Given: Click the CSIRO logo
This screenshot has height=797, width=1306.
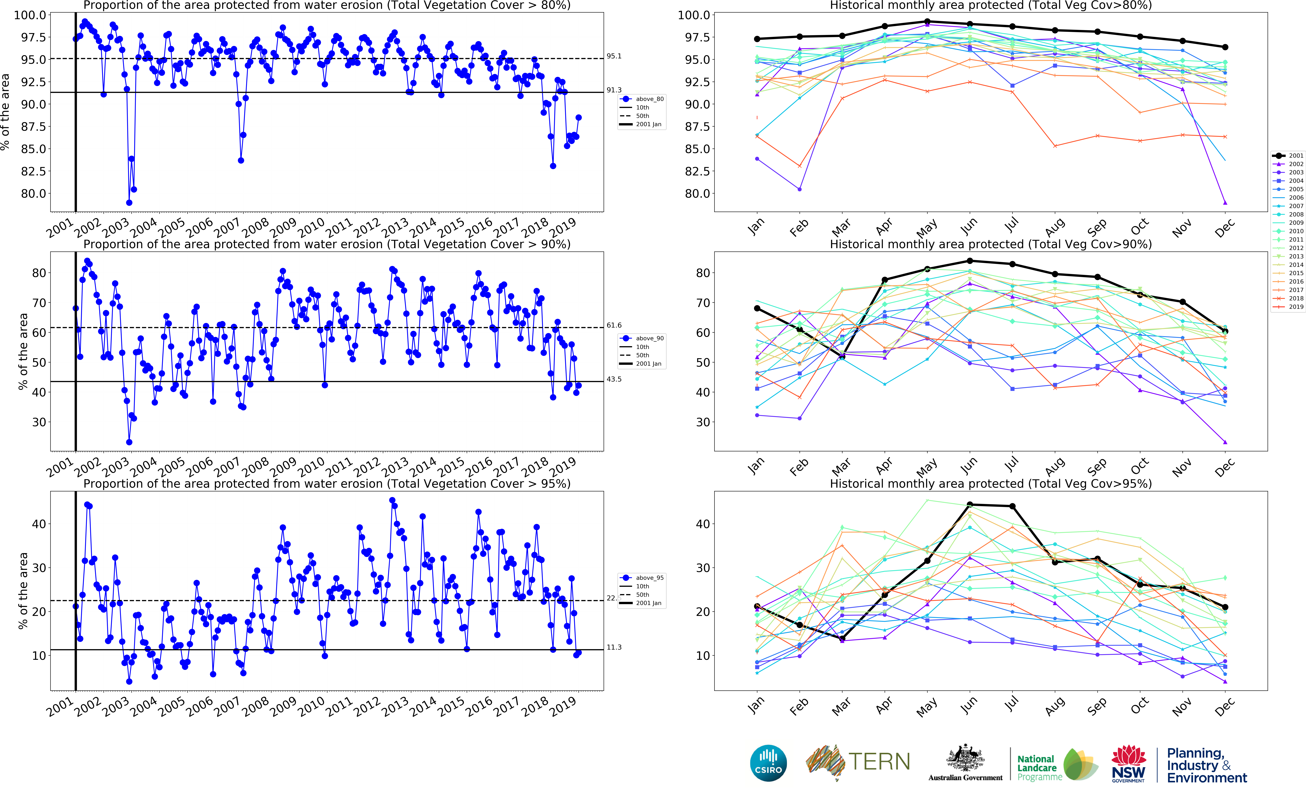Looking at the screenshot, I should (x=768, y=763).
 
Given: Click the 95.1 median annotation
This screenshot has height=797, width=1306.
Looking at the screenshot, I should (x=614, y=56).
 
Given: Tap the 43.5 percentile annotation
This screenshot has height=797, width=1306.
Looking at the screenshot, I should (x=614, y=379).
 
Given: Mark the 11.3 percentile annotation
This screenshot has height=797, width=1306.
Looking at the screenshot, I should (x=614, y=647).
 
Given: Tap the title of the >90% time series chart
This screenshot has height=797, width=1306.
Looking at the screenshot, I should (x=327, y=244).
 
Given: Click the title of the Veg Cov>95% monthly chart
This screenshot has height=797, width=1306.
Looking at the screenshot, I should (x=991, y=484).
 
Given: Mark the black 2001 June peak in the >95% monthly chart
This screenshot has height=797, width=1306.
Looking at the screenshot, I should (x=969, y=505).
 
